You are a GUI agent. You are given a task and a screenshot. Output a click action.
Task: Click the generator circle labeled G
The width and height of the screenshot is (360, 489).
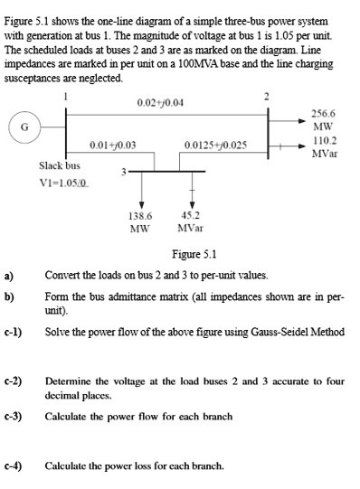[23, 127]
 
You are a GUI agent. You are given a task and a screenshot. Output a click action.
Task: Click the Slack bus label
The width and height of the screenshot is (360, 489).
[60, 165]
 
